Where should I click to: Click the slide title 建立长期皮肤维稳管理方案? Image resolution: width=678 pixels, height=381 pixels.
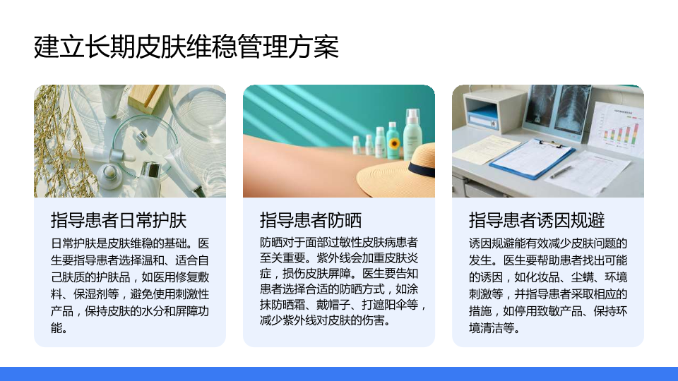(x=186, y=47)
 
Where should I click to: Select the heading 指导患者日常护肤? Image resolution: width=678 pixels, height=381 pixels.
(x=119, y=220)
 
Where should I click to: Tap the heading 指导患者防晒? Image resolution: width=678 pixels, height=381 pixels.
(x=311, y=220)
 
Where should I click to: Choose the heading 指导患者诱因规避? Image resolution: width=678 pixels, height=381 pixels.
(x=537, y=220)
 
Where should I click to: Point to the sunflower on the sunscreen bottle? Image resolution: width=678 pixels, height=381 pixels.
(x=393, y=143)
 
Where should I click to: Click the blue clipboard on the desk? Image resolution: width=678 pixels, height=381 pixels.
(x=533, y=159)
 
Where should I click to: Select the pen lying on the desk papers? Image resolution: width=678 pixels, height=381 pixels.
(x=561, y=171)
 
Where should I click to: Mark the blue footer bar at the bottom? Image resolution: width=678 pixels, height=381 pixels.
(x=339, y=374)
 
